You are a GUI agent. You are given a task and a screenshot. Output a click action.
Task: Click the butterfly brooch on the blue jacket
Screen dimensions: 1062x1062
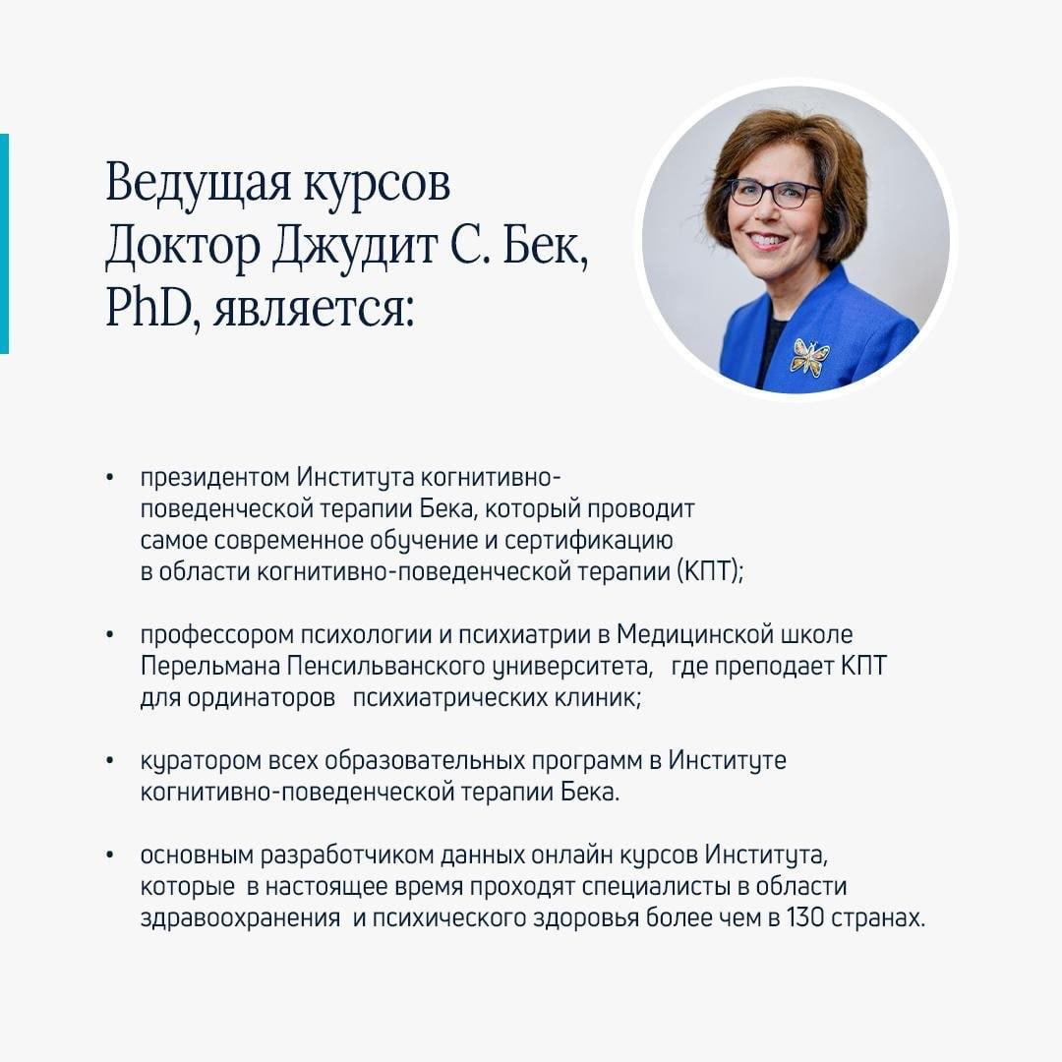(810, 356)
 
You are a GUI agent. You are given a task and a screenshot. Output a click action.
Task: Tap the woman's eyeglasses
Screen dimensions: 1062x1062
(775, 194)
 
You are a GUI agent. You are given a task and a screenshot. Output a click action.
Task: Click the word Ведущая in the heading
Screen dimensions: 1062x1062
(199, 184)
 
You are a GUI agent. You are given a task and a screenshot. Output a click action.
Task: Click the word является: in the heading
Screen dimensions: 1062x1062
(313, 313)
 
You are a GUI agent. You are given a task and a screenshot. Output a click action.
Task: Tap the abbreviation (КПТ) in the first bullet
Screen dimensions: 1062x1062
(710, 571)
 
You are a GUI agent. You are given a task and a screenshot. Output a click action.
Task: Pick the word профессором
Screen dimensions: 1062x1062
(216, 636)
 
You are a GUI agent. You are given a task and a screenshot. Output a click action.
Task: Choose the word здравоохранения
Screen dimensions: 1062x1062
(240, 919)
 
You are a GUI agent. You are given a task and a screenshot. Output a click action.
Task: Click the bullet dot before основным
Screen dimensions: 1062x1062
(110, 855)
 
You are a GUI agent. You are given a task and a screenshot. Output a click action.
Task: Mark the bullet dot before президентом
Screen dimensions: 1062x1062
(110, 478)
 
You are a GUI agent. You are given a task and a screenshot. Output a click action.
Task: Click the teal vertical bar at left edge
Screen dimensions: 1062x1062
(4, 244)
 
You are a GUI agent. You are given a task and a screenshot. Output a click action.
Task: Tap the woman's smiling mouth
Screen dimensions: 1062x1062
(767, 240)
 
